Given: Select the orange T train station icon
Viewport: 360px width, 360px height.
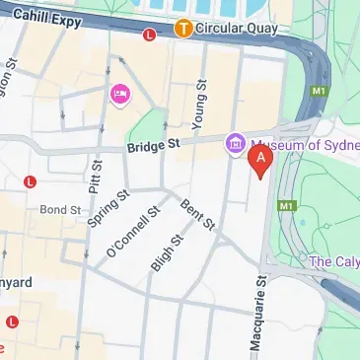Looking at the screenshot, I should [182, 29].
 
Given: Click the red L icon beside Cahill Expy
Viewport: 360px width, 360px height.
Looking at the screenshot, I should [150, 35].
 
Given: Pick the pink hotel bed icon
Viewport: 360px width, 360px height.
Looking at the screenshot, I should [121, 94].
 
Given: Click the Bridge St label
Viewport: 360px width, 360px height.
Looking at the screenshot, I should [156, 147].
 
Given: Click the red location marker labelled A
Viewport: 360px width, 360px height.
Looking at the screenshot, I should [260, 161].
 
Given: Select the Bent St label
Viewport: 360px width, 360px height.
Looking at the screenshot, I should [197, 214].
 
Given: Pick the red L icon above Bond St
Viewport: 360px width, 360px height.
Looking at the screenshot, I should [31, 181].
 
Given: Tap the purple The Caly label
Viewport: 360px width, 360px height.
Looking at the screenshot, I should [333, 261].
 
